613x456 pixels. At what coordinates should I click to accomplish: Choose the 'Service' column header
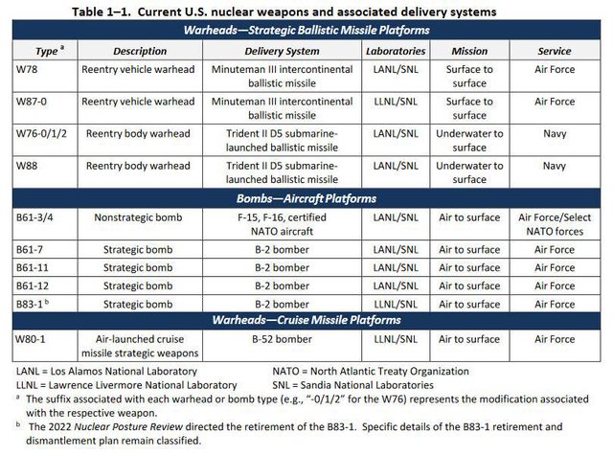(556, 49)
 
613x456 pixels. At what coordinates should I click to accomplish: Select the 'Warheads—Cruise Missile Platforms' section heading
(306, 319)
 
